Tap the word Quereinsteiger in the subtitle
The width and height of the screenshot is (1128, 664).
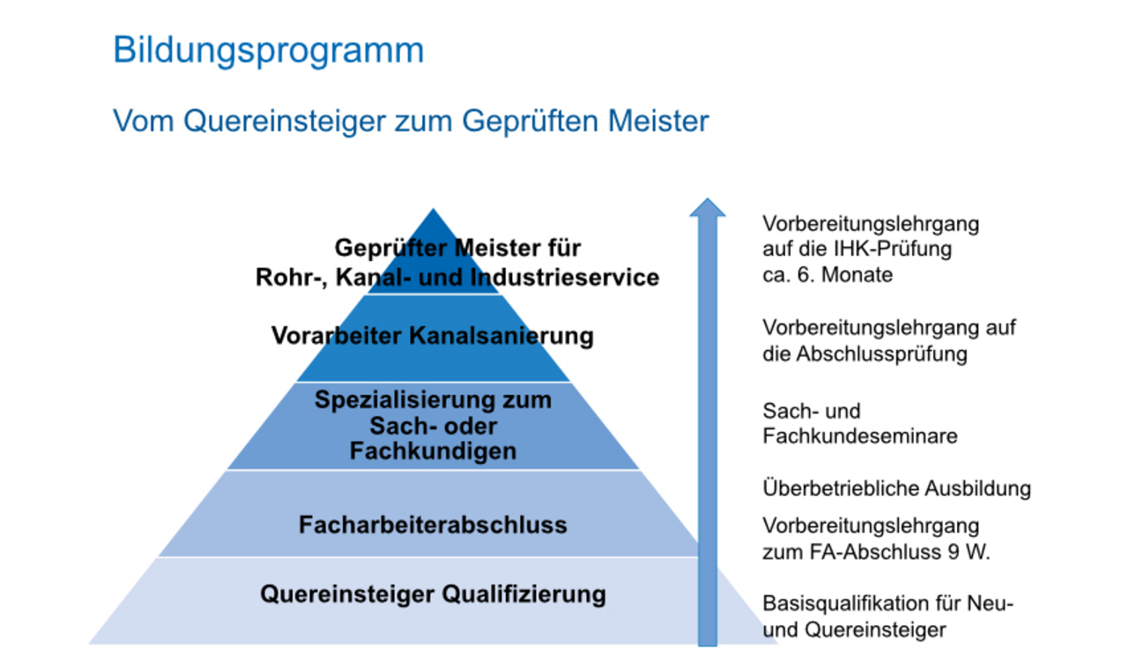284,122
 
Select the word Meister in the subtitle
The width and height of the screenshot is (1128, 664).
658,121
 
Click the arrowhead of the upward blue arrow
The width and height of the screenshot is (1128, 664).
707,207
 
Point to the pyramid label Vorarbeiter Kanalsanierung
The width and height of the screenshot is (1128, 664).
433,335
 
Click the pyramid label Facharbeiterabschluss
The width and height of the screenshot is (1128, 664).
433,525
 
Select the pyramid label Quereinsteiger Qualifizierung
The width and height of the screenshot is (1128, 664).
433,594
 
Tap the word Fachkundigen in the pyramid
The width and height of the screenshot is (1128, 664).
433,451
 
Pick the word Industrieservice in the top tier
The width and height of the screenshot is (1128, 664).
565,278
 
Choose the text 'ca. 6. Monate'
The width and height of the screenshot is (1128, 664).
827,275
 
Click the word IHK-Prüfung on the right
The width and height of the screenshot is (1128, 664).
893,249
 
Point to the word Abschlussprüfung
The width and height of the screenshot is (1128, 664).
882,354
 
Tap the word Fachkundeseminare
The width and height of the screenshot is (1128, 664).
860,436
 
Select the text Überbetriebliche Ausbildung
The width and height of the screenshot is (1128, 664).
897,489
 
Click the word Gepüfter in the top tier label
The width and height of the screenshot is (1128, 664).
392,249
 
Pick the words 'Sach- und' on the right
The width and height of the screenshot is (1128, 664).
812,411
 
